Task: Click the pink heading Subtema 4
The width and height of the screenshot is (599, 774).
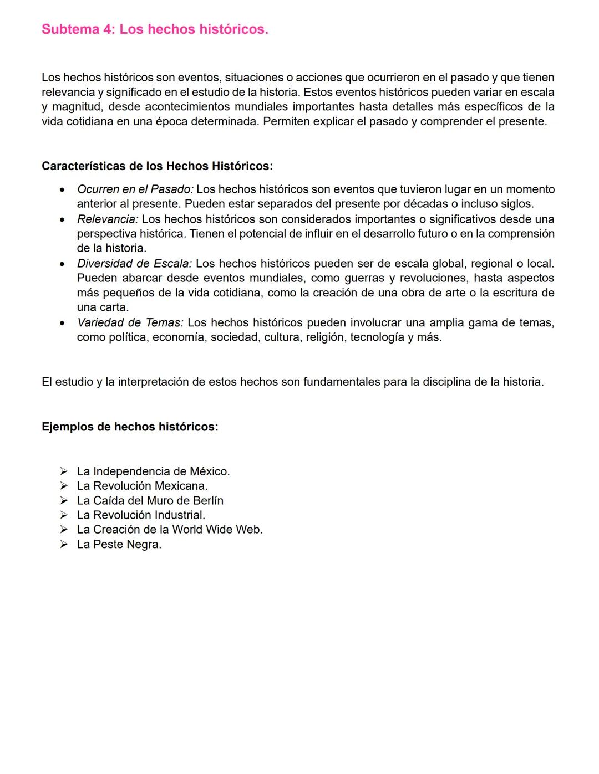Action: [x=155, y=29]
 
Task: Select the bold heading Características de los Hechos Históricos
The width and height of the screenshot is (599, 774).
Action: [x=157, y=166]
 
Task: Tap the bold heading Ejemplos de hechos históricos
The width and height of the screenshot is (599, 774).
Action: [x=130, y=427]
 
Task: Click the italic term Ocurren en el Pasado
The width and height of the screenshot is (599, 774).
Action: [x=135, y=189]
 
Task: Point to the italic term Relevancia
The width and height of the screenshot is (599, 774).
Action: [x=107, y=219]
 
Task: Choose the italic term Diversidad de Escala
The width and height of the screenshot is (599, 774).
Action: [x=134, y=264]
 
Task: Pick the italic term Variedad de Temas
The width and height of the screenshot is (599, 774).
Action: [x=130, y=322]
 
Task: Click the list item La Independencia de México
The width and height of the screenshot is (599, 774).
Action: [x=153, y=471]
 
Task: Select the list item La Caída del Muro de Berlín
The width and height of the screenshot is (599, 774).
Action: [x=150, y=500]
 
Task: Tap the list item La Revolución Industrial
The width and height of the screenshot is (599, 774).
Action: [x=141, y=515]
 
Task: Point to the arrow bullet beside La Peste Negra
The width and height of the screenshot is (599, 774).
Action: [x=64, y=544]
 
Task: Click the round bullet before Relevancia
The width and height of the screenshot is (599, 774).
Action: [x=64, y=219]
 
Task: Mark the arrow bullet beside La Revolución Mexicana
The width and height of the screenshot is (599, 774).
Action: [x=64, y=486]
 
